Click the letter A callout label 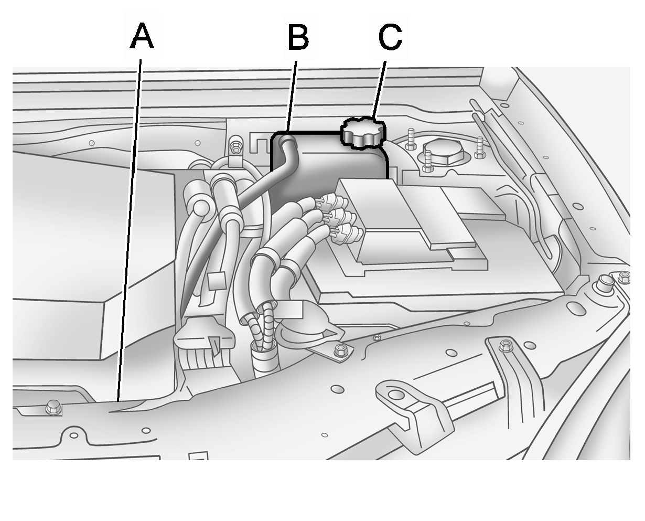pyautogui.click(x=142, y=36)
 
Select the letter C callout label pyautogui.click(x=390, y=37)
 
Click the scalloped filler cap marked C pyautogui.click(x=363, y=133)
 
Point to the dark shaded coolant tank pyautogui.click(x=329, y=169)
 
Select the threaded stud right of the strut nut pyautogui.click(x=480, y=147)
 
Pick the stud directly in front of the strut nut pyautogui.click(x=427, y=161)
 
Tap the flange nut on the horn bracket pyautogui.click(x=338, y=352)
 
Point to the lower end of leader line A pyautogui.click(x=119, y=401)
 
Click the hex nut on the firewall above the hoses pyautogui.click(x=235, y=147)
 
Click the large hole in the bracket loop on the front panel pyautogui.click(x=395, y=395)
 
